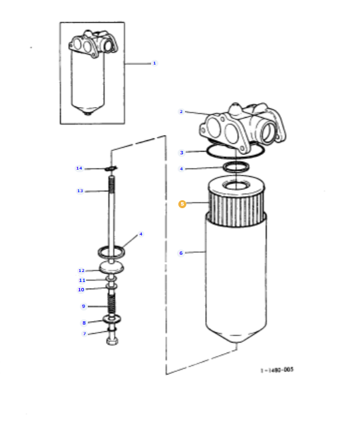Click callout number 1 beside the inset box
point(154,63)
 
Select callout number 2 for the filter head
point(181,111)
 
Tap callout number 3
point(181,152)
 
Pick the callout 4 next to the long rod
point(140,234)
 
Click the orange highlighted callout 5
point(181,205)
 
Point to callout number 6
point(181,253)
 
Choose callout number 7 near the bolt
point(85,333)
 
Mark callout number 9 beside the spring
point(83,306)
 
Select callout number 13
point(79,191)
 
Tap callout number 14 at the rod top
point(79,168)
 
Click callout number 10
point(81,289)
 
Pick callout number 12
point(81,271)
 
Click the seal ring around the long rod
point(111,251)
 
